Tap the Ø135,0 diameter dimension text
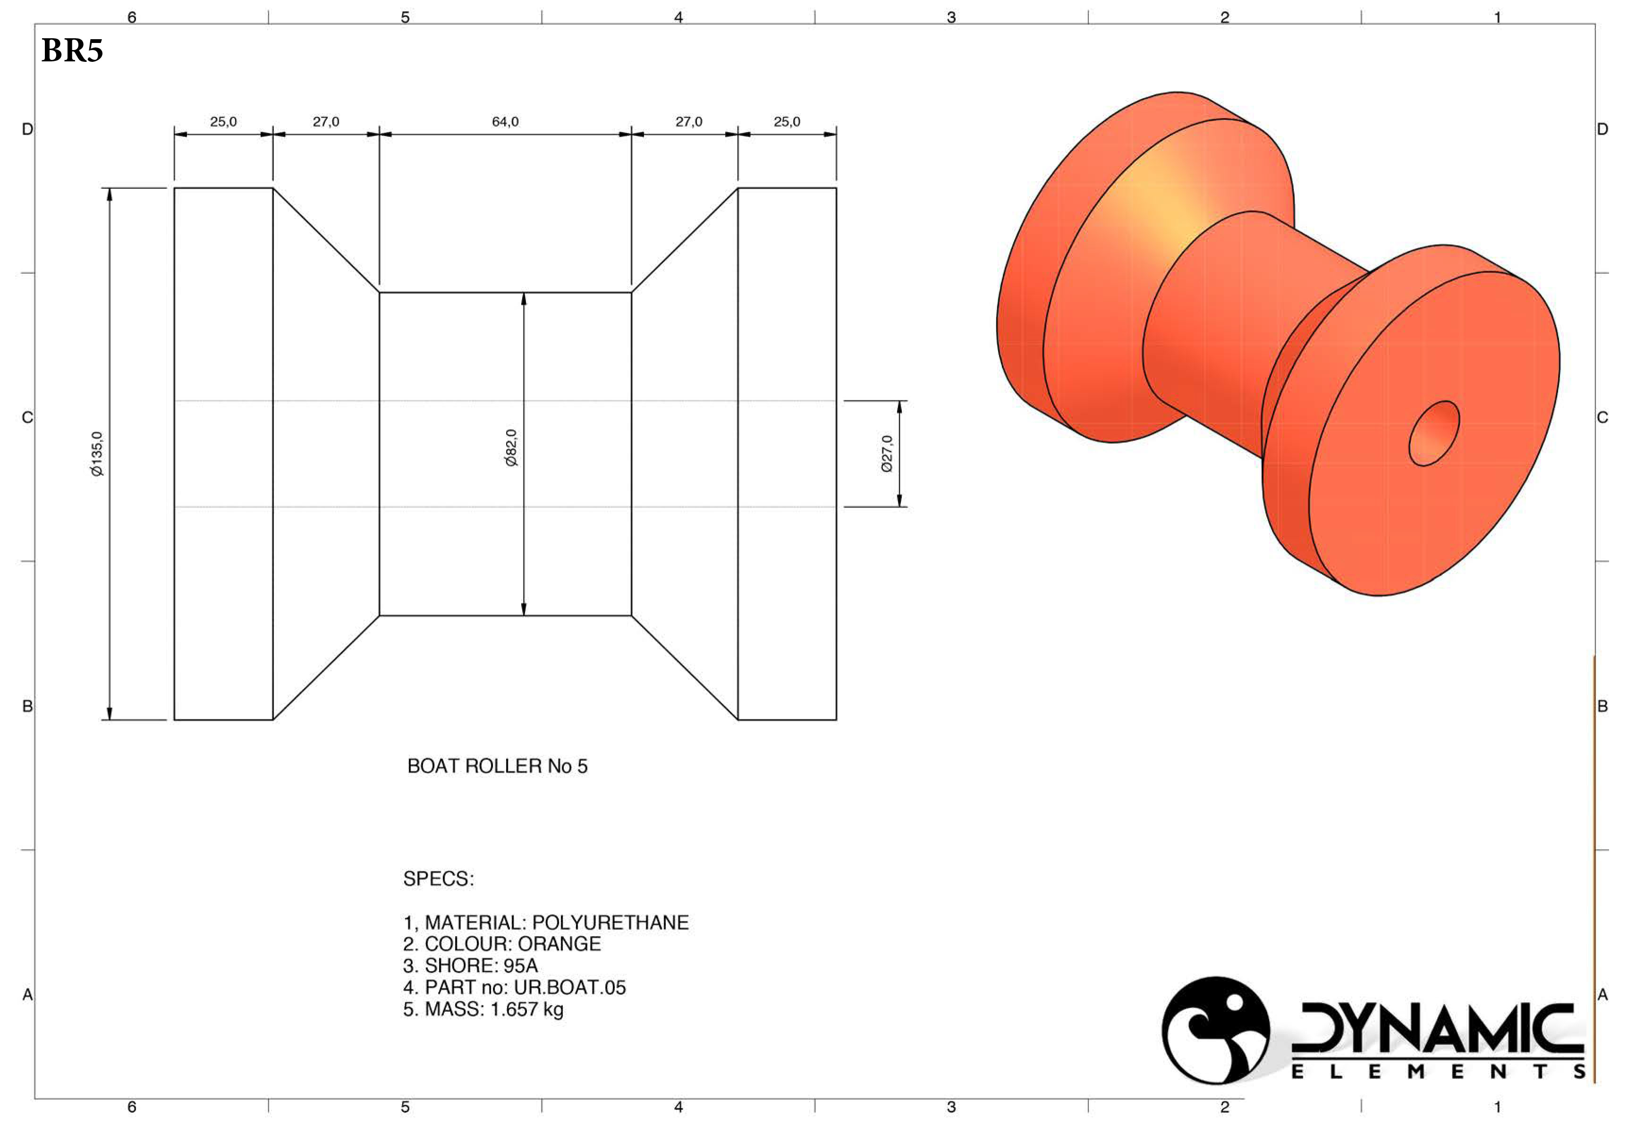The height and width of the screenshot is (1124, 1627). (97, 454)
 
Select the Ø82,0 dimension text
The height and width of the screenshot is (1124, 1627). (511, 448)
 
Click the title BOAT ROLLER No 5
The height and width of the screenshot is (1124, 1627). (497, 766)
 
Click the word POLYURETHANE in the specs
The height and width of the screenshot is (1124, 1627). (610, 922)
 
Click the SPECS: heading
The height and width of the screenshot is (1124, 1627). (438, 879)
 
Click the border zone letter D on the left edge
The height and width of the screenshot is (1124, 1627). (27, 129)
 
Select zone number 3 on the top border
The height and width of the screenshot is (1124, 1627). (951, 17)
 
